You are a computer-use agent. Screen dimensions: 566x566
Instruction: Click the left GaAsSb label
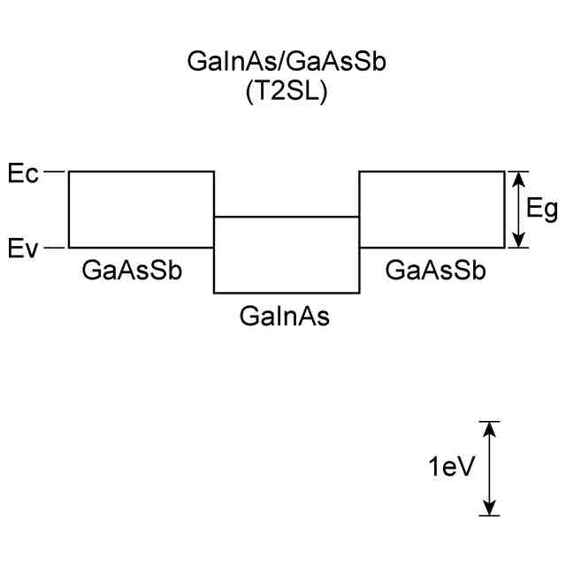click(132, 271)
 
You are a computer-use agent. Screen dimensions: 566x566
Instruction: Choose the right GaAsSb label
click(436, 271)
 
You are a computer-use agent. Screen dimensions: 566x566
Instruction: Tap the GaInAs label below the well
click(285, 316)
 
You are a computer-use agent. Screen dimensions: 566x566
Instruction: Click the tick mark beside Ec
click(56, 172)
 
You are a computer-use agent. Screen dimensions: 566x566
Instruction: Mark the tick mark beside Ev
click(56, 248)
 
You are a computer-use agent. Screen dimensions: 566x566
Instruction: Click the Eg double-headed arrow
click(521, 210)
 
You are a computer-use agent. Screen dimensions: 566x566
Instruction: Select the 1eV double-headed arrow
click(488, 469)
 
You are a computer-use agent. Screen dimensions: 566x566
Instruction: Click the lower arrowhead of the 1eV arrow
click(488, 507)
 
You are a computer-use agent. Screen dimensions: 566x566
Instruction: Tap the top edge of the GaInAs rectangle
click(287, 217)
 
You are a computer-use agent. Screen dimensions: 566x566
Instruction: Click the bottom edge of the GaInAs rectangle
click(287, 293)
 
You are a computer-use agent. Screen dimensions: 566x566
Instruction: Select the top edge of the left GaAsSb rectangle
click(141, 172)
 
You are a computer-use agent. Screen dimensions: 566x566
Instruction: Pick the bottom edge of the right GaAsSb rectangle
click(432, 248)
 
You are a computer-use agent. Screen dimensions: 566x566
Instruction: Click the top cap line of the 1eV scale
click(488, 422)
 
